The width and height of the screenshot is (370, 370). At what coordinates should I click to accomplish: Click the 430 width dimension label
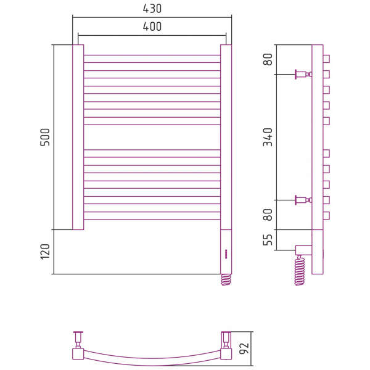click(x=152, y=9)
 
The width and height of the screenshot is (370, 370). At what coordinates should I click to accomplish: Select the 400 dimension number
click(x=152, y=27)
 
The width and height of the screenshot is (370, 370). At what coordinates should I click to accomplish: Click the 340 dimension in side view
click(x=268, y=137)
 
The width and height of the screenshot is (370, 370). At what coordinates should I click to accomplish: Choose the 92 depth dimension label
click(x=245, y=349)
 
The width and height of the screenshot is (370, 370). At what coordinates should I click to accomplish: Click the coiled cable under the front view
click(x=226, y=279)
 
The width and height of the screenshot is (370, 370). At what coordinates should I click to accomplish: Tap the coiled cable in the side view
click(x=300, y=271)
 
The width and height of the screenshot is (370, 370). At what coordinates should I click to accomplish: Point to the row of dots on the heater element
click(x=226, y=253)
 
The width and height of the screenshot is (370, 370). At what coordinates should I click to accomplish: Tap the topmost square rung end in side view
click(x=326, y=59)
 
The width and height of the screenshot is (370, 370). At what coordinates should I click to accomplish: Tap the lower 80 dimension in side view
click(x=268, y=215)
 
